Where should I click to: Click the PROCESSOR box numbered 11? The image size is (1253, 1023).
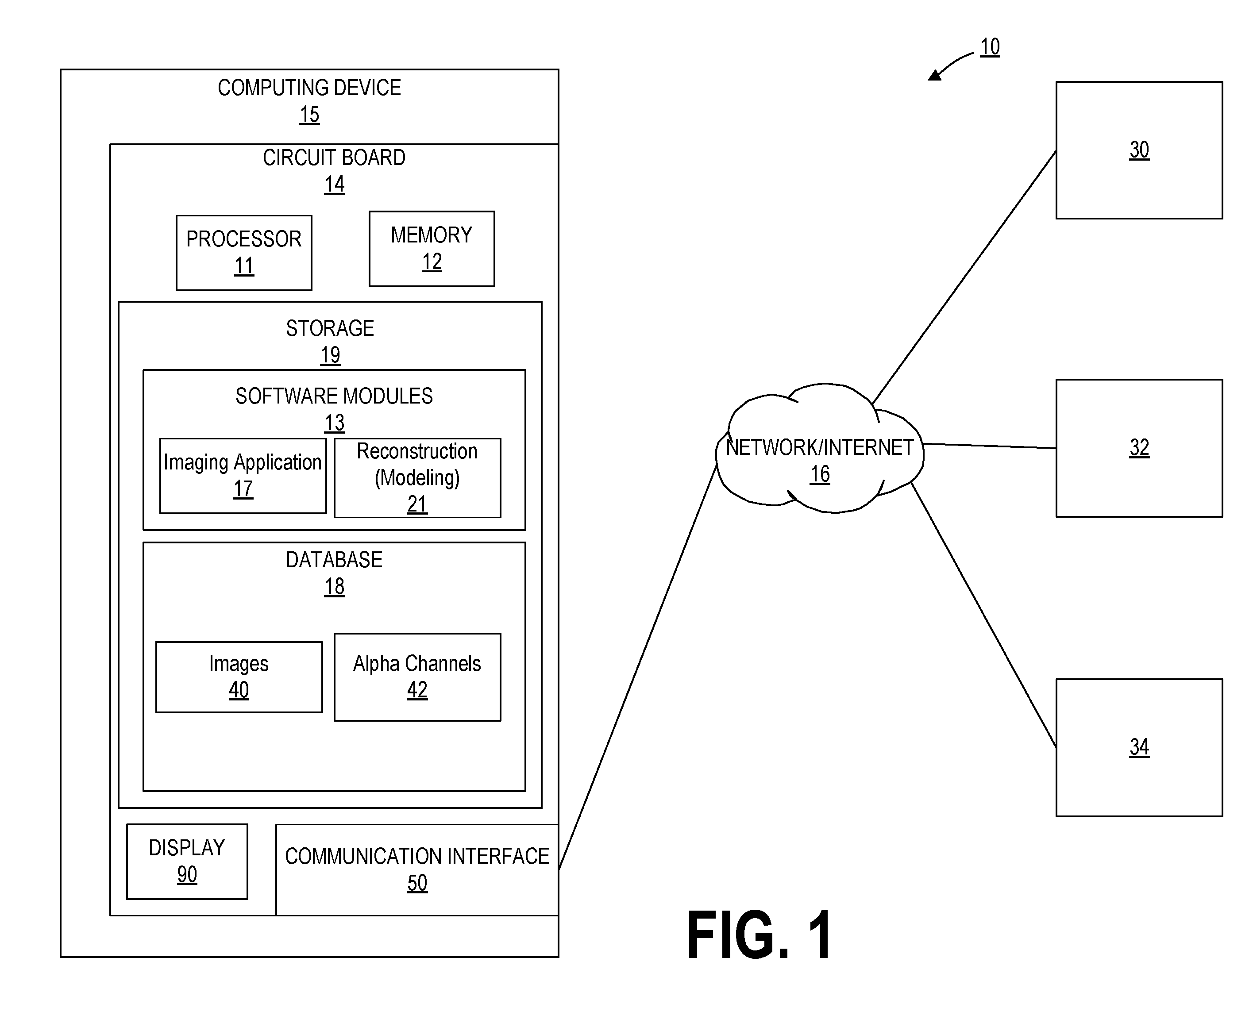(x=244, y=253)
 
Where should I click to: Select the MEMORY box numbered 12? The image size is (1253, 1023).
(x=432, y=249)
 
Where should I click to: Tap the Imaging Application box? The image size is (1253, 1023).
(x=243, y=476)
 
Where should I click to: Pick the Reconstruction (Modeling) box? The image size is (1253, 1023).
(x=417, y=478)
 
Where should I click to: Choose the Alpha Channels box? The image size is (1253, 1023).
(x=417, y=677)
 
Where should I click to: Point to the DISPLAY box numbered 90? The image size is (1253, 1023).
(x=187, y=861)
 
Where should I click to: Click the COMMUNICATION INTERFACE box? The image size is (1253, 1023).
(x=417, y=870)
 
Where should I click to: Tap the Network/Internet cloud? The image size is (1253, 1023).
(x=820, y=448)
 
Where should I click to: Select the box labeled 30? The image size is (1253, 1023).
(x=1139, y=150)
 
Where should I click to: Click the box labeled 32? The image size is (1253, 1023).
(x=1139, y=448)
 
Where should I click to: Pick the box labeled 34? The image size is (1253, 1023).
(x=1139, y=747)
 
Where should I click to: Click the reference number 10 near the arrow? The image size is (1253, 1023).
(x=990, y=46)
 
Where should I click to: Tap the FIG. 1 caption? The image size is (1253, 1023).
(x=759, y=936)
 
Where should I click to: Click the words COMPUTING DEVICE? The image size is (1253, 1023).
(x=309, y=88)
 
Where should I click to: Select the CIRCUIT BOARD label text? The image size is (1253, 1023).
(x=334, y=158)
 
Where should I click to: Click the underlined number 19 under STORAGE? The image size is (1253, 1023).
(x=330, y=355)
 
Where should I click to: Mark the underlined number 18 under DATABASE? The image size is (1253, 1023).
(x=334, y=587)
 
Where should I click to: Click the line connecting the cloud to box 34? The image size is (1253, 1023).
(x=983, y=615)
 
